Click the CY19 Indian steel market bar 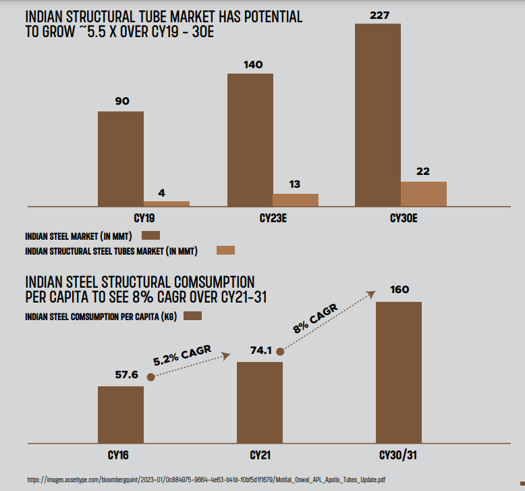tap(121, 159)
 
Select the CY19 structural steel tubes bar tap(167, 203)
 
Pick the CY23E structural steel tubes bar tap(296, 200)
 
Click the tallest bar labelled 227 tap(378, 115)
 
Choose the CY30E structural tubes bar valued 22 tap(424, 194)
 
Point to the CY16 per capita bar tap(121, 415)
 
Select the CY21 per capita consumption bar tap(260, 403)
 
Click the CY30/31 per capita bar tap(399, 372)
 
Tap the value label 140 tap(254, 65)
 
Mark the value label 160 tap(399, 290)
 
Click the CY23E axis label tap(274, 219)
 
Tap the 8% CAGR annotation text tap(316, 318)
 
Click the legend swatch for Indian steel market tap(150, 236)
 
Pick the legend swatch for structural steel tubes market tap(225, 251)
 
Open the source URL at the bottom tap(206, 480)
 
